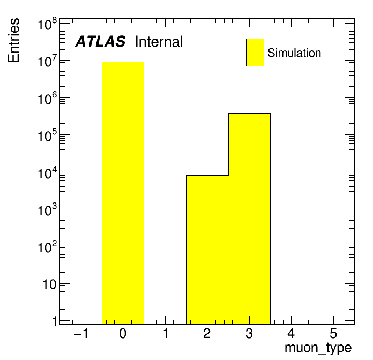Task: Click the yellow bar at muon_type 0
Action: (123, 193)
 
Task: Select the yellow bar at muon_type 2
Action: (207, 250)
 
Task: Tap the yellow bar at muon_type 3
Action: (249, 219)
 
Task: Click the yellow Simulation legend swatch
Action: (255, 52)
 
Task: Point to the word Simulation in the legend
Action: (294, 53)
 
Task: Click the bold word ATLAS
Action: (100, 42)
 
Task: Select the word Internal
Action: (159, 42)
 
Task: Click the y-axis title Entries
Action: (13, 40)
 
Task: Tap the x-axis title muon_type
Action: (318, 348)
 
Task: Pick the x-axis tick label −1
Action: (81, 334)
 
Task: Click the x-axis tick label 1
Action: (166, 334)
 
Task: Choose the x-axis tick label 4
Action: (291, 334)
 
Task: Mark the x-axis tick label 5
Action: (333, 334)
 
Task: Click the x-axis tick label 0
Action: (123, 334)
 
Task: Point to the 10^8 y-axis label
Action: (47, 24)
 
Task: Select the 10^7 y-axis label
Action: (47, 61)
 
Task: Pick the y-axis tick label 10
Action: (49, 284)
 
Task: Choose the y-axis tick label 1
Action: (55, 321)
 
